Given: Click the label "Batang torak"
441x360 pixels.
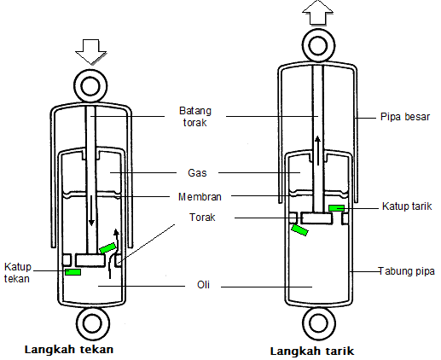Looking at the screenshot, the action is click(195, 117).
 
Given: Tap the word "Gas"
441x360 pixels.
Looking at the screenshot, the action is click(197, 173).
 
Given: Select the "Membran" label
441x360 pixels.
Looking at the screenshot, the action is click(200, 197).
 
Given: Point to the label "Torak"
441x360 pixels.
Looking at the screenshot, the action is click(202, 218).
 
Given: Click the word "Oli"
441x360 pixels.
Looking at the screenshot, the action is click(203, 285).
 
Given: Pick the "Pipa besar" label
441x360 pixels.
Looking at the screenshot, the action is click(405, 117).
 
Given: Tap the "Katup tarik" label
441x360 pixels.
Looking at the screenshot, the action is click(407, 206).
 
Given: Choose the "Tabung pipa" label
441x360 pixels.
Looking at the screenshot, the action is click(407, 271).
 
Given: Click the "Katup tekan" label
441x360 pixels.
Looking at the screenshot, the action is click(17, 273).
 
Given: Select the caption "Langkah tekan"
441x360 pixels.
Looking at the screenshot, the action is click(69, 350).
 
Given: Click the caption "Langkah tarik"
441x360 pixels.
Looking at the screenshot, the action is click(312, 351).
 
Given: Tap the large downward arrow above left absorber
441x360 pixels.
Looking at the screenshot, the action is click(90, 52).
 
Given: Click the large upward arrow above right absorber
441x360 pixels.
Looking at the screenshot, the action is click(317, 13).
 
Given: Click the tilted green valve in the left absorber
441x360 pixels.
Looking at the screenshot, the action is click(107, 248).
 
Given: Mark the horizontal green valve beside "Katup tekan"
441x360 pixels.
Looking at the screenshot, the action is click(73, 272).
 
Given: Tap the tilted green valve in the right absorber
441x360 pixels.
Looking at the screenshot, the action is click(299, 229).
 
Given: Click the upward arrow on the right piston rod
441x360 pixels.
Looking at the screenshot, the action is click(318, 151).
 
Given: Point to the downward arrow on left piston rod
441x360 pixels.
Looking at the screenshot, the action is click(91, 211).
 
